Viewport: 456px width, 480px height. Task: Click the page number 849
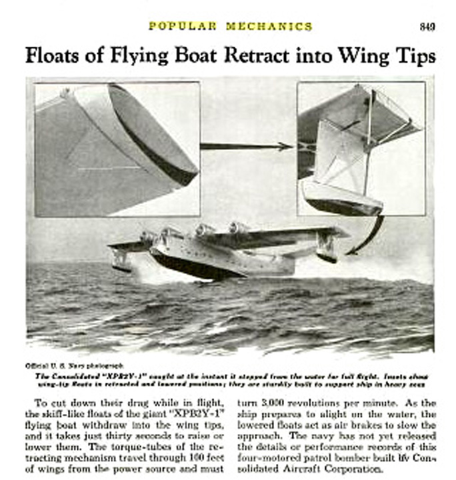tap(427, 27)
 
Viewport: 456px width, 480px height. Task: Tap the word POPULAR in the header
tap(183, 27)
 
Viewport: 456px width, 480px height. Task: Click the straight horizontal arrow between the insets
tap(247, 146)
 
